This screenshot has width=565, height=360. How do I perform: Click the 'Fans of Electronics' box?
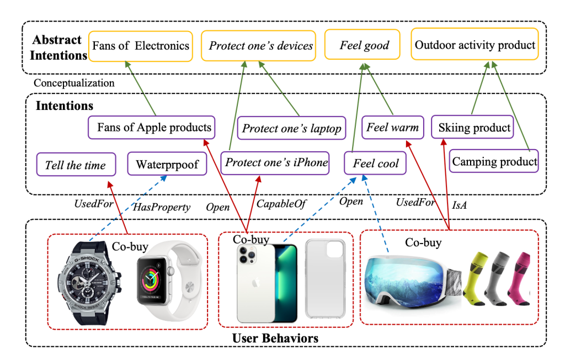[x=141, y=45]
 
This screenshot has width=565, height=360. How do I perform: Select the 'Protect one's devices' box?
[x=261, y=45]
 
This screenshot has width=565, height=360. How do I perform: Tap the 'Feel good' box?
[x=364, y=45]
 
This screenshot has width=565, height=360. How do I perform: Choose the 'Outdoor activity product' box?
[x=475, y=45]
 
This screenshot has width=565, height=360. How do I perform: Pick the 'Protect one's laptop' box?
[x=292, y=129]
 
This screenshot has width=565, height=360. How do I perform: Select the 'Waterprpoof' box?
[x=167, y=164]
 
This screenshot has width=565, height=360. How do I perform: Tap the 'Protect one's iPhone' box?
[x=276, y=162]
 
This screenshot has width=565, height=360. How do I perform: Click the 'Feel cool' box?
[x=376, y=164]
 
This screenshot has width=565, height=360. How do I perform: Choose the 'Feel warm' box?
[x=392, y=128]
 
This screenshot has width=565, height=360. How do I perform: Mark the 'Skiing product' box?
[x=474, y=128]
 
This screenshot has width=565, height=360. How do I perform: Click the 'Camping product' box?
[x=494, y=162]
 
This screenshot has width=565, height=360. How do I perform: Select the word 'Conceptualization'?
[x=74, y=83]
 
